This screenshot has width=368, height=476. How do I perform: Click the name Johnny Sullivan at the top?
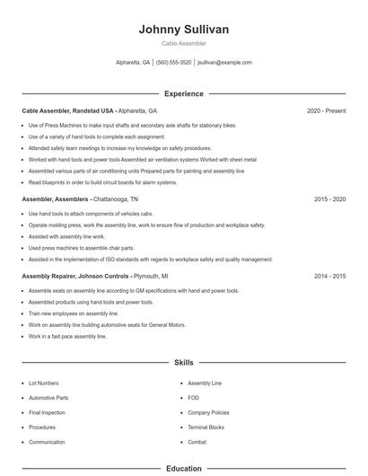click(x=184, y=30)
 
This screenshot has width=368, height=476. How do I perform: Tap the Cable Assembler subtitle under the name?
click(x=184, y=43)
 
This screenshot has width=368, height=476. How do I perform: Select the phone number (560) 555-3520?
click(x=173, y=63)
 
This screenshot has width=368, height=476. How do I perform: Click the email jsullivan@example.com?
click(x=224, y=63)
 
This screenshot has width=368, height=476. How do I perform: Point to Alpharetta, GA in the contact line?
click(x=133, y=63)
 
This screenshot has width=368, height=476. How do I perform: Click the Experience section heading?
click(x=184, y=93)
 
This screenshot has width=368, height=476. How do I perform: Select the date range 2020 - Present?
click(x=326, y=110)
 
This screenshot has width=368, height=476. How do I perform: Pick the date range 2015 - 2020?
click(x=329, y=198)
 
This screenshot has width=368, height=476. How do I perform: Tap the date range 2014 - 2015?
click(x=329, y=277)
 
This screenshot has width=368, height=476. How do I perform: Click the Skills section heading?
click(x=184, y=362)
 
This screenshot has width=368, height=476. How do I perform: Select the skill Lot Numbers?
click(x=43, y=383)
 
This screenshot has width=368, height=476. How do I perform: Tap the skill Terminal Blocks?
click(x=206, y=428)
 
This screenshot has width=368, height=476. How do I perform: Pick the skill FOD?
click(x=194, y=398)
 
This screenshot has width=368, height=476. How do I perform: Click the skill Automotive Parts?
click(x=48, y=398)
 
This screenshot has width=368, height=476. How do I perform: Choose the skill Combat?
click(x=197, y=443)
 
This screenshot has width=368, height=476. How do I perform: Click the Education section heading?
click(x=184, y=468)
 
